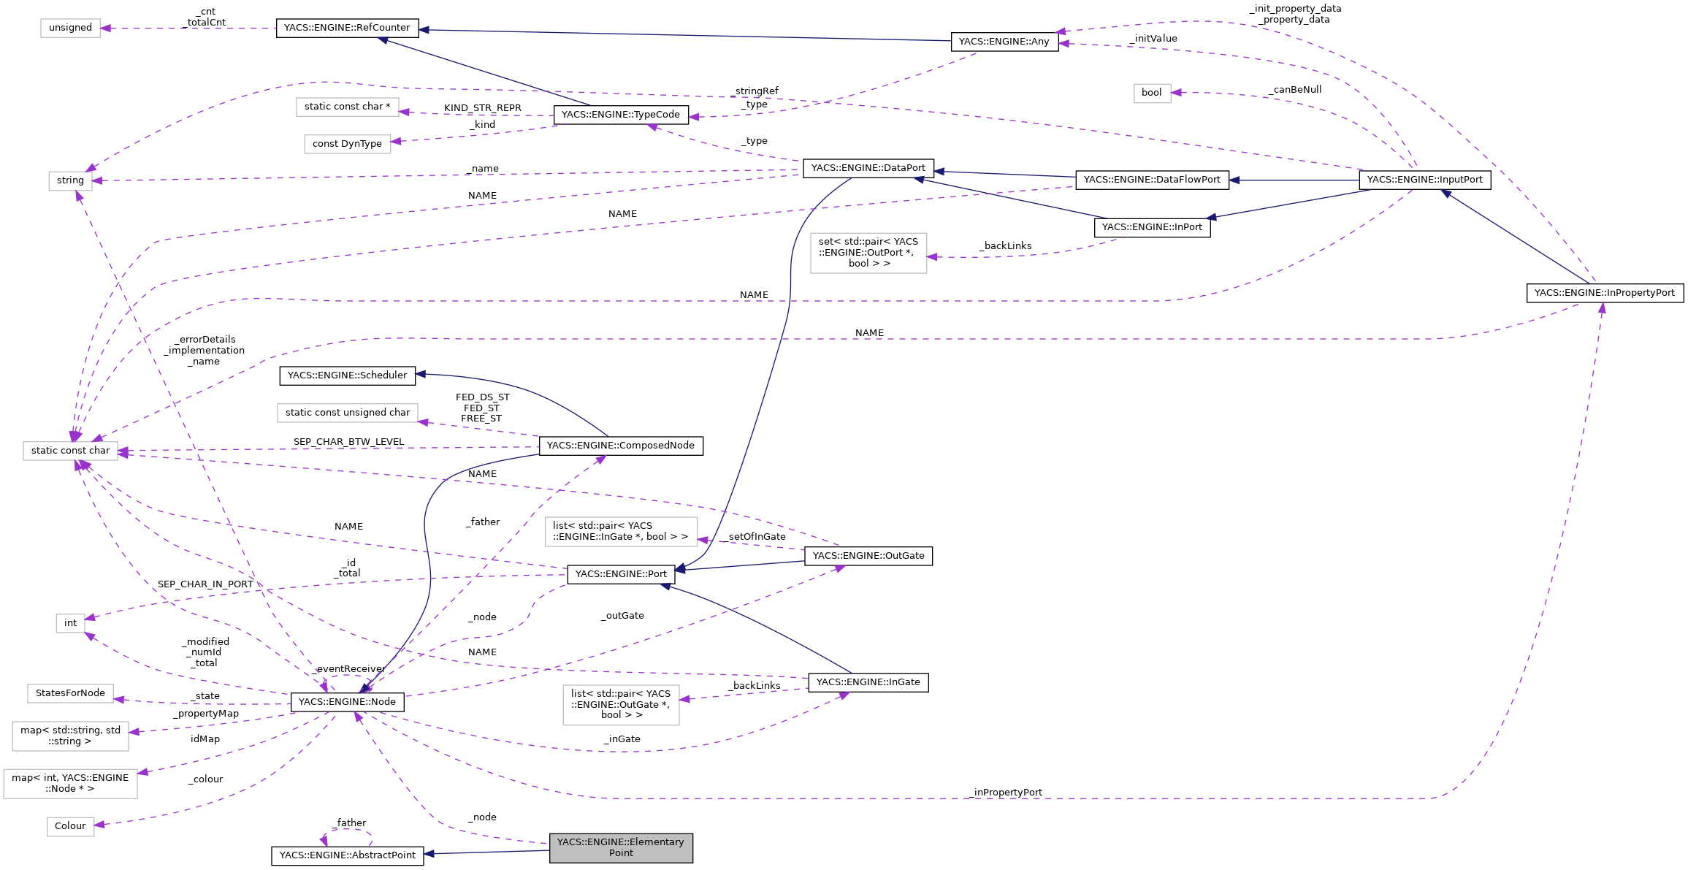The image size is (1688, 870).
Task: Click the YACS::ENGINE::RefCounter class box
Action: pos(347,28)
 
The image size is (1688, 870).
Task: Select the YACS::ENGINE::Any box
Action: pos(1004,42)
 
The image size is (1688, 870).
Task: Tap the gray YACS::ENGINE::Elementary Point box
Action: pos(621,847)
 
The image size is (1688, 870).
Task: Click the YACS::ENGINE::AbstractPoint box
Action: pos(347,855)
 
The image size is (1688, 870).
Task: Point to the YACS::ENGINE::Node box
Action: pos(347,702)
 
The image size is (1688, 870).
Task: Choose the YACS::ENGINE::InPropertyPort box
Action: pos(1604,293)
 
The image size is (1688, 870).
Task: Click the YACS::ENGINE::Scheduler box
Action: pos(347,375)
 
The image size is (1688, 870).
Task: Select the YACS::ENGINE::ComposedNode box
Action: pos(620,446)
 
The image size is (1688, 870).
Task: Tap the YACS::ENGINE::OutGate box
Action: pos(868,556)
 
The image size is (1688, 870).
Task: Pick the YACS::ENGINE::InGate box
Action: pos(868,682)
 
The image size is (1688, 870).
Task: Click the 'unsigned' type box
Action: pos(70,28)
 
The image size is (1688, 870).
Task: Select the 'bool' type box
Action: pos(1151,93)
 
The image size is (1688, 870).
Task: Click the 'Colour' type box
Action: pos(70,826)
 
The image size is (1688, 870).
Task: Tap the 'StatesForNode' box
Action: pos(70,693)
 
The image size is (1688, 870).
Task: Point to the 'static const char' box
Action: pos(70,451)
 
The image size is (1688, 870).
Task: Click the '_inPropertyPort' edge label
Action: pos(1007,793)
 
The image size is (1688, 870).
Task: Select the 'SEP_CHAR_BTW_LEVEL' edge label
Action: pos(348,442)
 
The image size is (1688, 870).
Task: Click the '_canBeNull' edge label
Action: pos(1295,90)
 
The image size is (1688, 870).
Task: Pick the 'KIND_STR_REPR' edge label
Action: pos(482,108)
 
